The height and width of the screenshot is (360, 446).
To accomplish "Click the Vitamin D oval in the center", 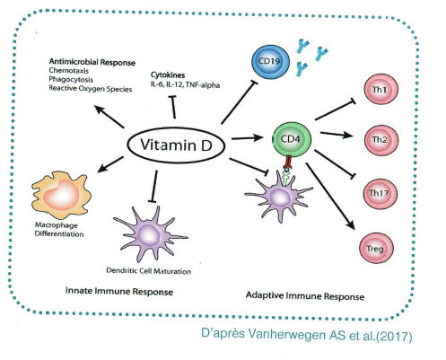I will [x=177, y=143].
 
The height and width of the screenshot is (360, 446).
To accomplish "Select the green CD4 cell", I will [x=291, y=140].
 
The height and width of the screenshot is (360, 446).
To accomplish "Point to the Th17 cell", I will [x=379, y=192].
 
